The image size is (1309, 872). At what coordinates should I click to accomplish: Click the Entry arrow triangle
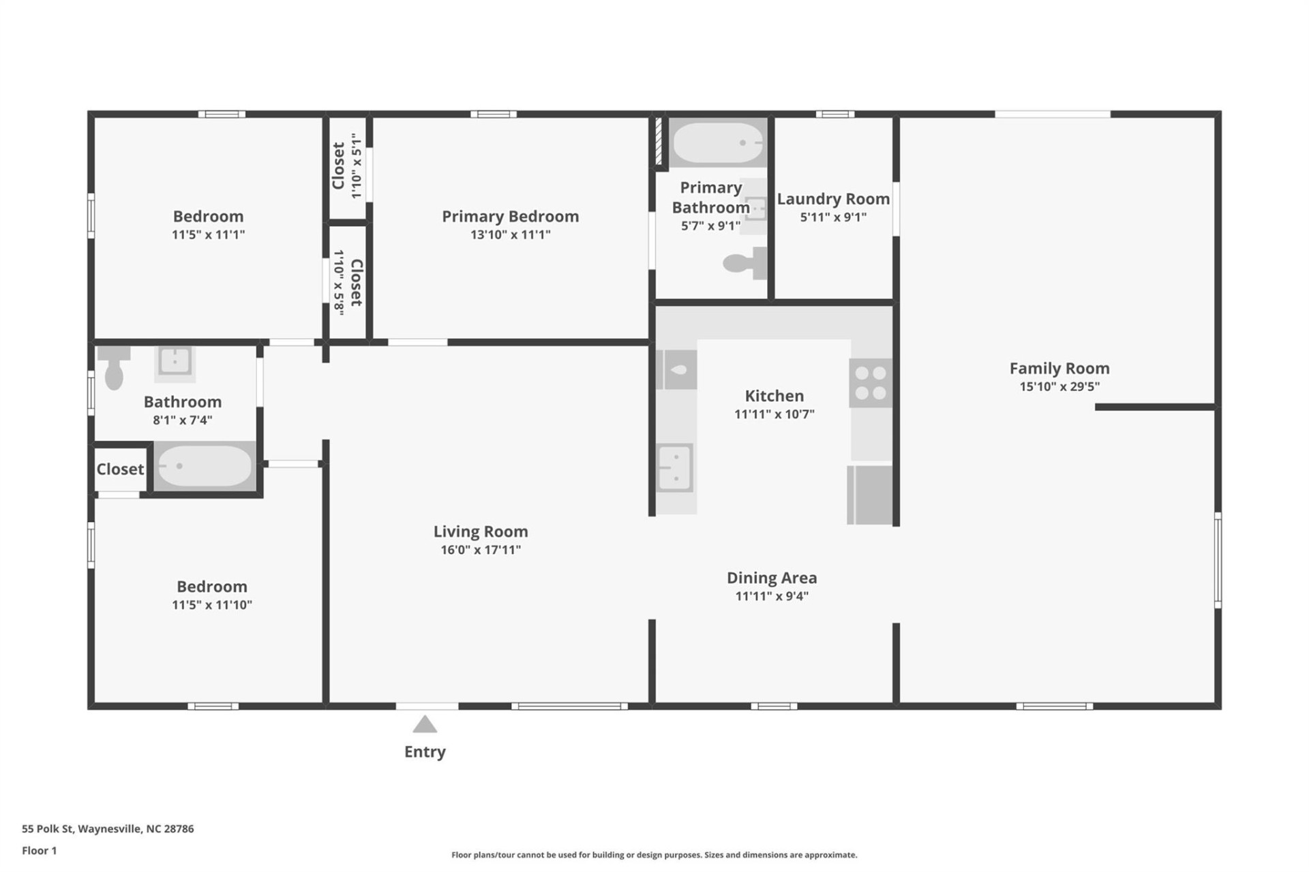[425, 724]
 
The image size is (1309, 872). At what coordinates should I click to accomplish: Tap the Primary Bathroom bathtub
[718, 143]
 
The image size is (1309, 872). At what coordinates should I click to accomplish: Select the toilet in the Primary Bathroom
[744, 263]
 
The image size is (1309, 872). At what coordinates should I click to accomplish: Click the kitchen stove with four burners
[871, 383]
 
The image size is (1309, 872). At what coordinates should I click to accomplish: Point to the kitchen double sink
[675, 467]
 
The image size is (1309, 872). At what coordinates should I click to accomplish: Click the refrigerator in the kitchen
[870, 495]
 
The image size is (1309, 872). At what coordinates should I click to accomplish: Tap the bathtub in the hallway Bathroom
[205, 466]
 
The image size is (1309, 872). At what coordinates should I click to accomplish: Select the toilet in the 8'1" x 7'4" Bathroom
[114, 369]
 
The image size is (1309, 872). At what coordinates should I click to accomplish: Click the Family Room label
[1059, 369]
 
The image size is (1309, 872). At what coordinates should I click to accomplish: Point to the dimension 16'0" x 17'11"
[481, 550]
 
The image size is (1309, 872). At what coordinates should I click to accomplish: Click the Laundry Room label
[833, 199]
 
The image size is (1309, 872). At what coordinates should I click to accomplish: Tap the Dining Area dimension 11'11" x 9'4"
[772, 596]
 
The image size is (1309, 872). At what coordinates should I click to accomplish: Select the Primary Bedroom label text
[510, 217]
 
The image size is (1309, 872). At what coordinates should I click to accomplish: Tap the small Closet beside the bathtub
[120, 469]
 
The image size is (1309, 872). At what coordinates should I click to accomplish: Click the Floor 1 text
[40, 850]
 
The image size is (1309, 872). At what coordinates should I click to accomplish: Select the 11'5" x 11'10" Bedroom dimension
[212, 605]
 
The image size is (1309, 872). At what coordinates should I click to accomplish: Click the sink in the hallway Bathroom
[175, 361]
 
